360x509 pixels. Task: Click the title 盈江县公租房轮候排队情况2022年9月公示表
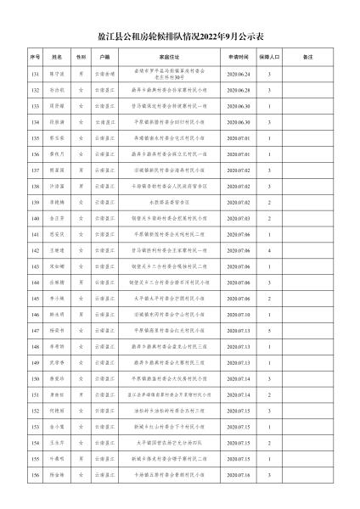point(180,37)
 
